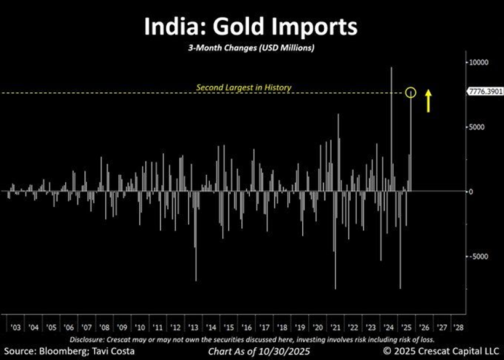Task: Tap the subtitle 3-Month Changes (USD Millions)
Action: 251,48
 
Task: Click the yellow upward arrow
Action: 429,100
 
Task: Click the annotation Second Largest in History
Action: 243,87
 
